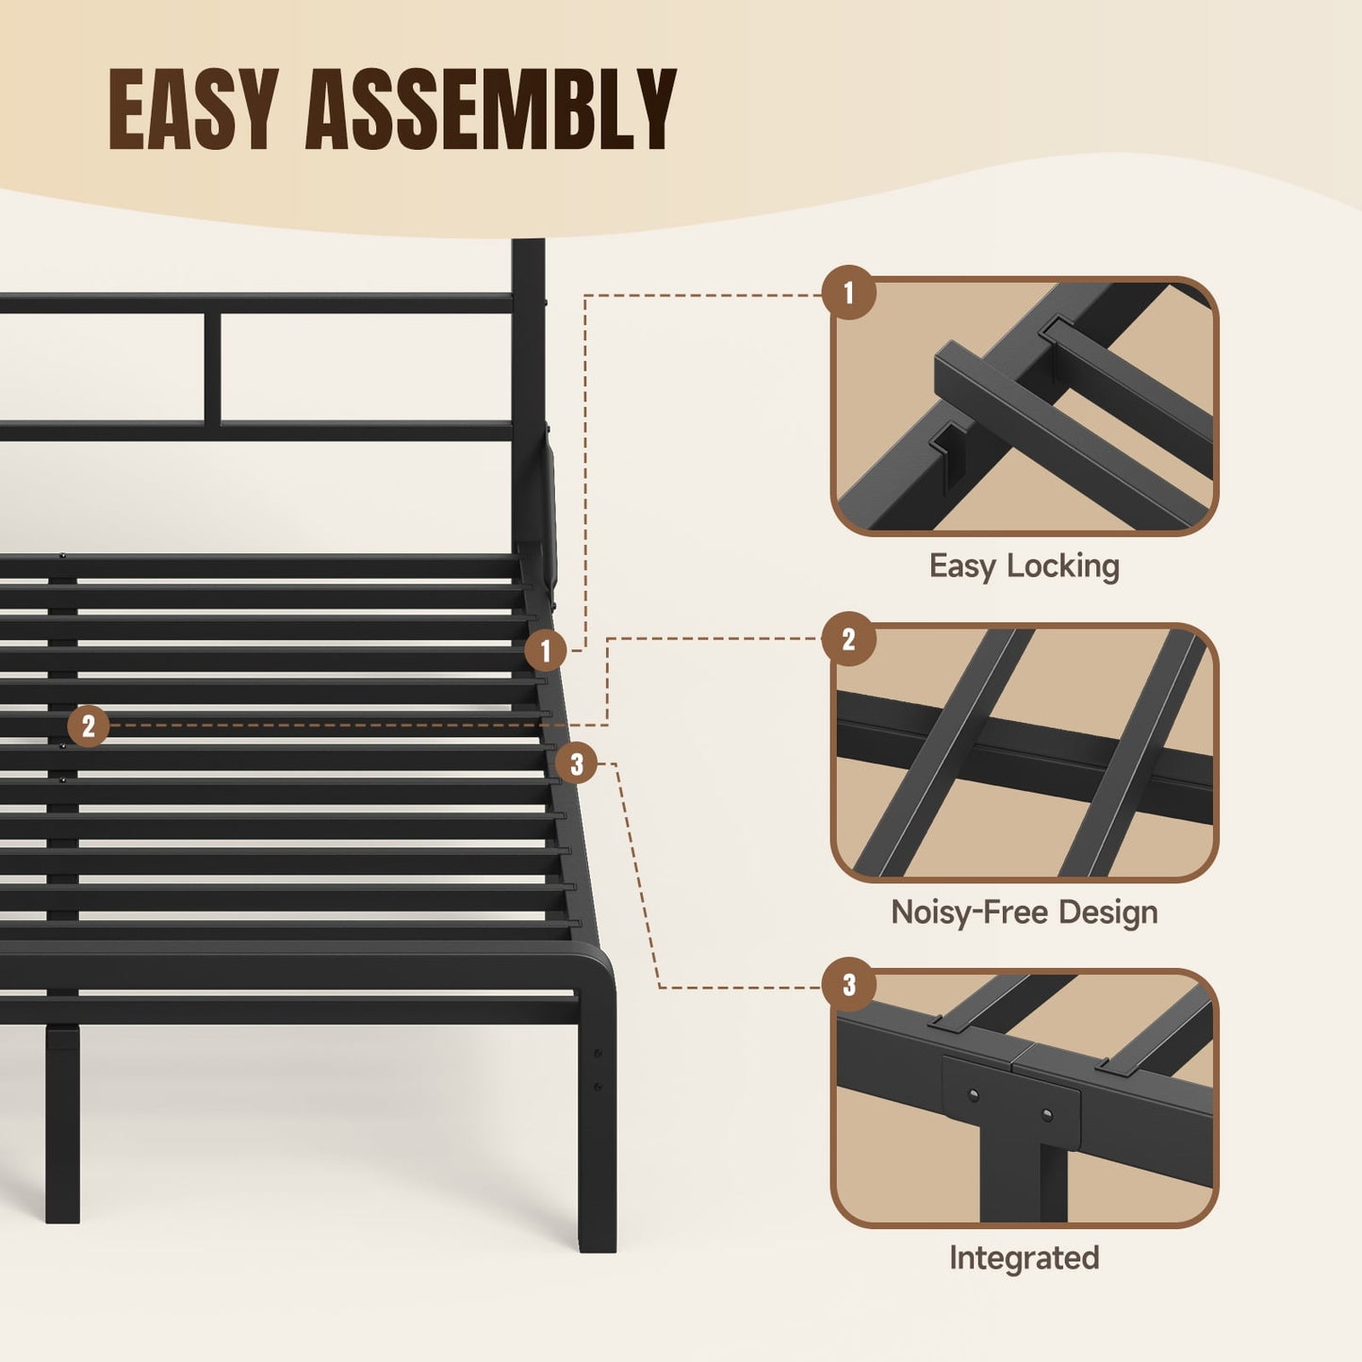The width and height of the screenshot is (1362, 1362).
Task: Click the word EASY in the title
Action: (x=192, y=109)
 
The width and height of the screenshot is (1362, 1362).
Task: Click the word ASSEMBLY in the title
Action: (x=490, y=109)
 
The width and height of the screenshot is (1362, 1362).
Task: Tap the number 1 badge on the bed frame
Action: (x=545, y=650)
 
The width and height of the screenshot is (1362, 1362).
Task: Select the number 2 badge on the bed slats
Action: (x=89, y=726)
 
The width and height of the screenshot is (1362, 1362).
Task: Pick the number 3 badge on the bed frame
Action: (x=577, y=763)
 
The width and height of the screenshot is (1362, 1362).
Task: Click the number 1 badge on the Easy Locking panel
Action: (x=848, y=293)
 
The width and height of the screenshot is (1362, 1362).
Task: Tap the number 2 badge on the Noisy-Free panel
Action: (x=848, y=640)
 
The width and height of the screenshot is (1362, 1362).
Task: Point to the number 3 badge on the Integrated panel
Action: (x=848, y=985)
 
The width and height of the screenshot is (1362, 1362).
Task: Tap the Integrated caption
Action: (x=1024, y=1258)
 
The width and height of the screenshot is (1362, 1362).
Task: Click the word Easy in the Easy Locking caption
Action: (x=962, y=566)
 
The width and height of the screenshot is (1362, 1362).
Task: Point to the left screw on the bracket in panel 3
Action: (x=974, y=1094)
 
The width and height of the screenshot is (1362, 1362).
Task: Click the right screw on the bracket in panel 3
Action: (x=1046, y=1116)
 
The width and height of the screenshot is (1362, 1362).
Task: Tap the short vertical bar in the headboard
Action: (x=213, y=369)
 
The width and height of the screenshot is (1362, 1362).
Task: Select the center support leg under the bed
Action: (x=62, y=1122)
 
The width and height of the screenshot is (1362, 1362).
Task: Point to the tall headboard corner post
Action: (x=528, y=396)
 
